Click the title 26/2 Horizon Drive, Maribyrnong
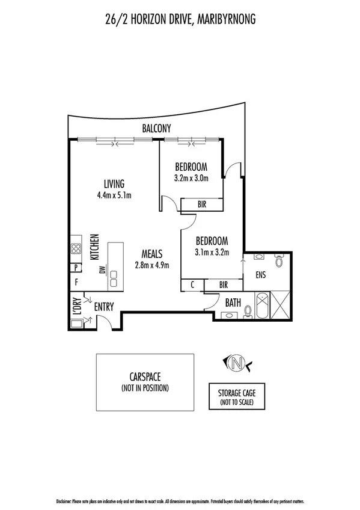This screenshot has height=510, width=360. point(180,20)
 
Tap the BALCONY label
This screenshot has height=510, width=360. point(157,128)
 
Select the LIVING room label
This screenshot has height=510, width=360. point(114,184)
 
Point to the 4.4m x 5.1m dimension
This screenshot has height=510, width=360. point(114,195)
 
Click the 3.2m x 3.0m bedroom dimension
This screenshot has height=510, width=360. point(191,178)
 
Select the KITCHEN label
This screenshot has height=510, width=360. point(94,247)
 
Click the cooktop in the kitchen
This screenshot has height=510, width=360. point(77,248)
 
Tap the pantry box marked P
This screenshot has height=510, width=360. point(76,268)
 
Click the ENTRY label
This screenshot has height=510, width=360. point(104,307)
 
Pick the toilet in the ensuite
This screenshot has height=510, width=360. point(278,261)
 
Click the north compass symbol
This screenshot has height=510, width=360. point(237,363)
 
